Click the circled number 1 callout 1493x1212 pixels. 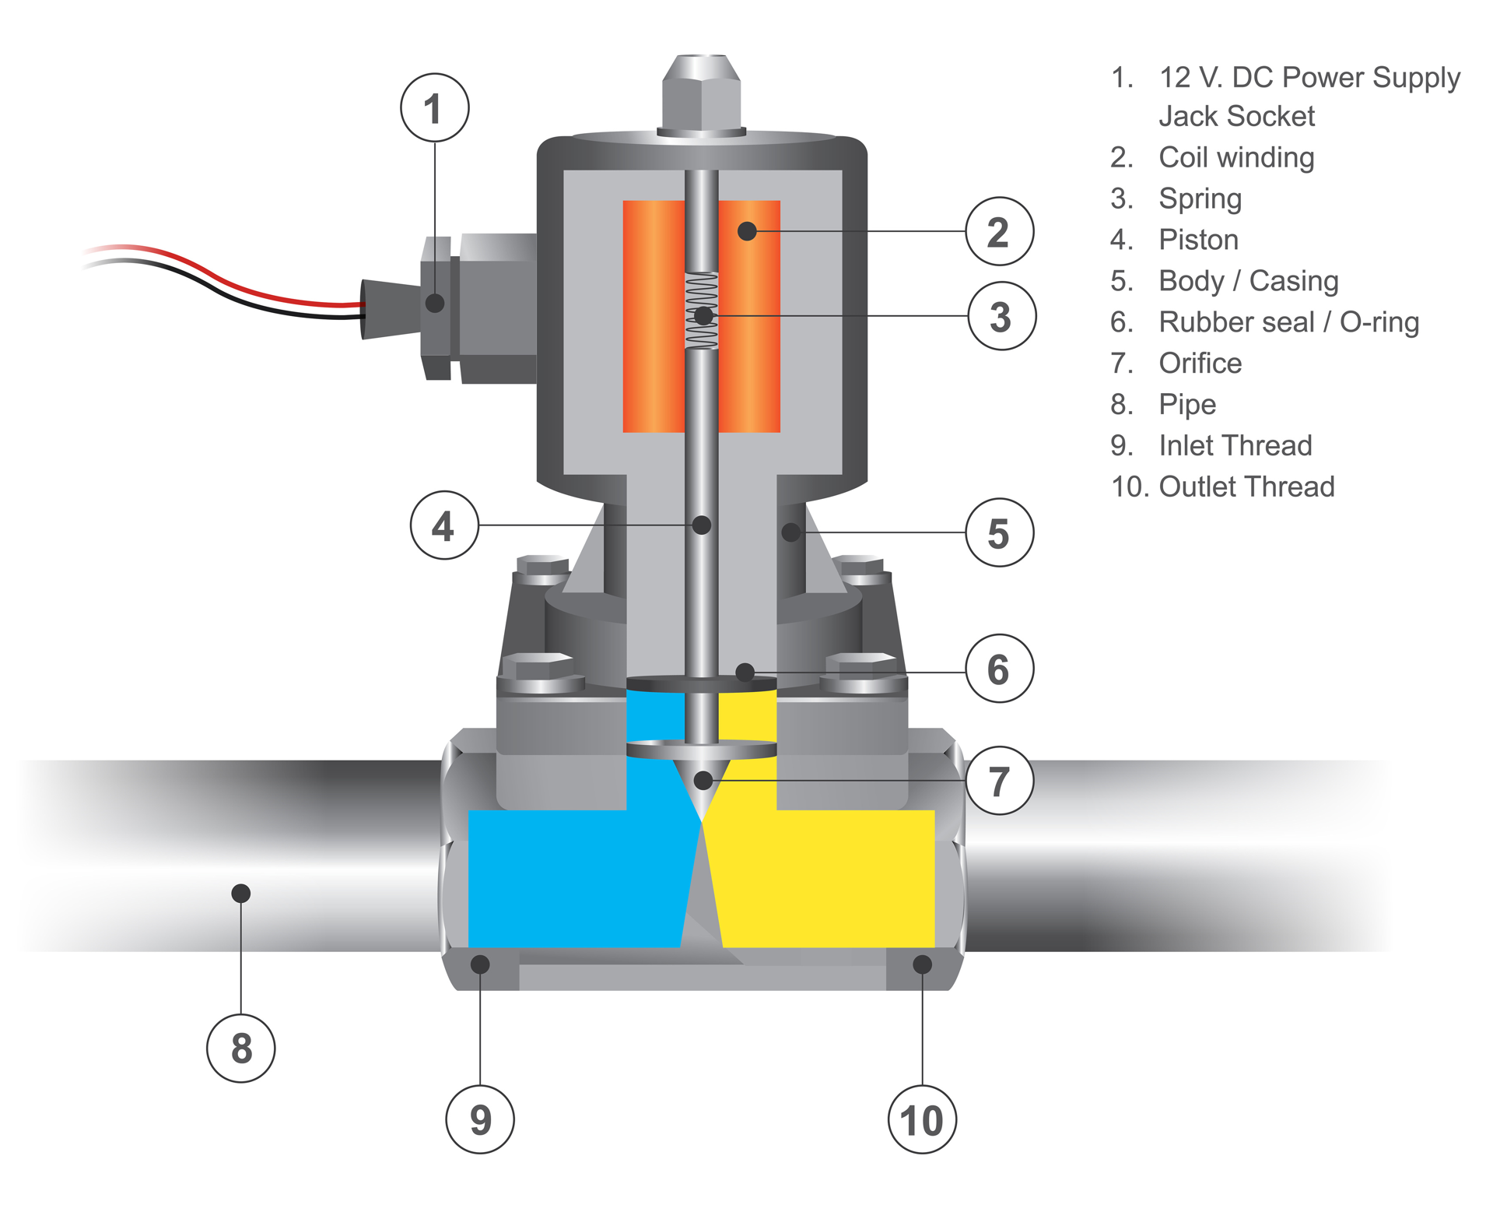434,107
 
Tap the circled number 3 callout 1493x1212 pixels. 1001,316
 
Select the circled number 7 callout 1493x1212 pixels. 999,780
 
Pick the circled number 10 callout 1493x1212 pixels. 922,1119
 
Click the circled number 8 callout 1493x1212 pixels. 241,1048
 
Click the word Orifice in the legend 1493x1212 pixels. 1200,363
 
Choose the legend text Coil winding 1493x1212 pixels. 1235,157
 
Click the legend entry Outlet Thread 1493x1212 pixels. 1246,487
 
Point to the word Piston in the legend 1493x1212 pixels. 1198,240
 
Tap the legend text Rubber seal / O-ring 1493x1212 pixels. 1288,322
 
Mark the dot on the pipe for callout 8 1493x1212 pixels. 241,893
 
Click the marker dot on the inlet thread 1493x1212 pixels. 480,964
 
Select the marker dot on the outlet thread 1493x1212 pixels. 922,964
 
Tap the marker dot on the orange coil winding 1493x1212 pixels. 747,231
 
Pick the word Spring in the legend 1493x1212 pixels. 1200,198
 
